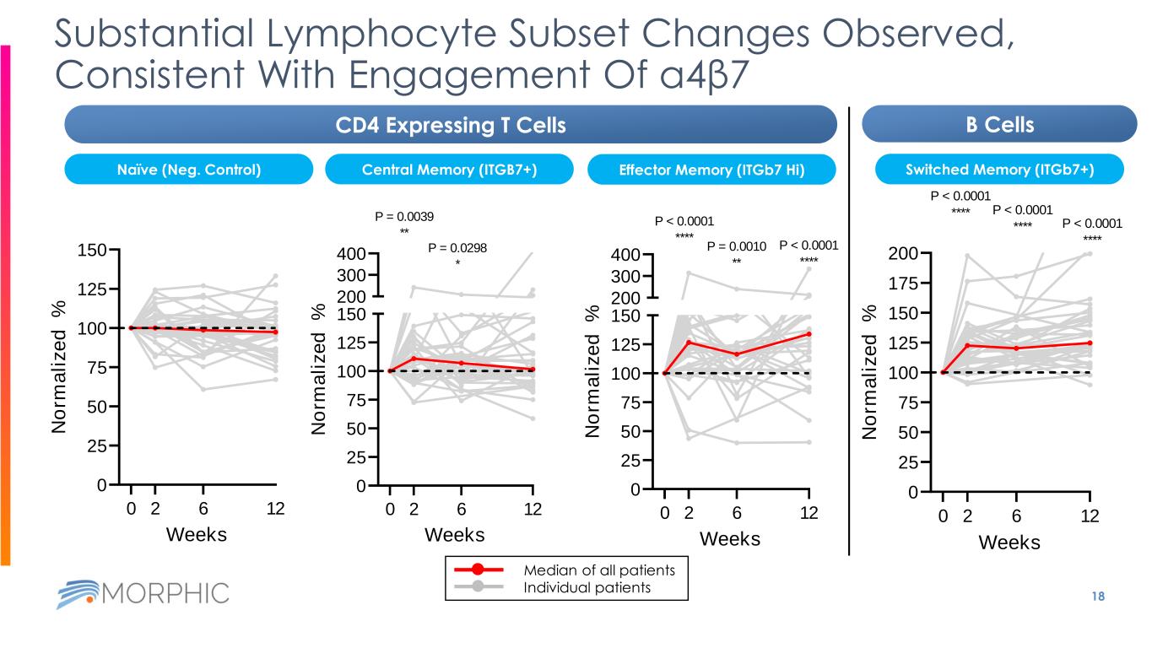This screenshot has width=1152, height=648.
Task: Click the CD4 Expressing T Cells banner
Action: pyautogui.click(x=450, y=126)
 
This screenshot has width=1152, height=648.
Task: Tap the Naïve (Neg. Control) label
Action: pyautogui.click(x=189, y=170)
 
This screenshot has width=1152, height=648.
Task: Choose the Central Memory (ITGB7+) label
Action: pyautogui.click(x=449, y=170)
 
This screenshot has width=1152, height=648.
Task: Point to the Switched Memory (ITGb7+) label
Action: pyautogui.click(x=998, y=170)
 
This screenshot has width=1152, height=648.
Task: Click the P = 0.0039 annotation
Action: pyautogui.click(x=404, y=217)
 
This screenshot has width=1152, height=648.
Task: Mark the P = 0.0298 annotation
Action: pyautogui.click(x=457, y=248)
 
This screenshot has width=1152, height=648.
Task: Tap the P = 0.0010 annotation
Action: pyautogui.click(x=736, y=246)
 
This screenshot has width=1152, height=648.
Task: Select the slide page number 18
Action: pyautogui.click(x=1097, y=596)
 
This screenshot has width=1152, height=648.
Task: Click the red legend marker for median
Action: pyautogui.click(x=478, y=570)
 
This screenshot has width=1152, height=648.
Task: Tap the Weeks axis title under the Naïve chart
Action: pyautogui.click(x=197, y=534)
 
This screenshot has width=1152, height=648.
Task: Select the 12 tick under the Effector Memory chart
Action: pyautogui.click(x=809, y=512)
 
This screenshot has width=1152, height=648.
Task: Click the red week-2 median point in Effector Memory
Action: pyautogui.click(x=690, y=342)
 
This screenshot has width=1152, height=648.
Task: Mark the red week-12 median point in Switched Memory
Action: pyautogui.click(x=1090, y=343)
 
